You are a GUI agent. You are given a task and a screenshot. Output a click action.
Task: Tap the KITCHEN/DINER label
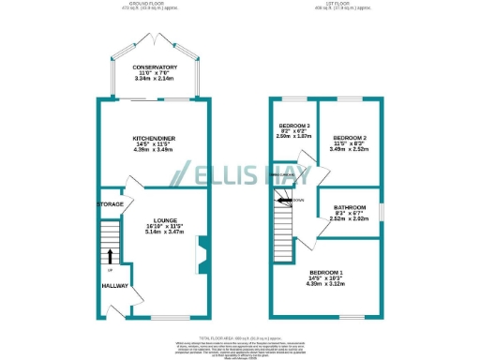[154, 137]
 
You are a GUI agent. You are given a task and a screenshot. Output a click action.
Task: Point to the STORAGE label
[110, 203]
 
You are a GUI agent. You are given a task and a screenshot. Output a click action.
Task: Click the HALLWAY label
[115, 286]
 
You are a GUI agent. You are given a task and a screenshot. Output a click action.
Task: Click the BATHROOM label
[351, 209]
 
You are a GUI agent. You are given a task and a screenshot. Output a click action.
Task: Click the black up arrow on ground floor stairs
[110, 254]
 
